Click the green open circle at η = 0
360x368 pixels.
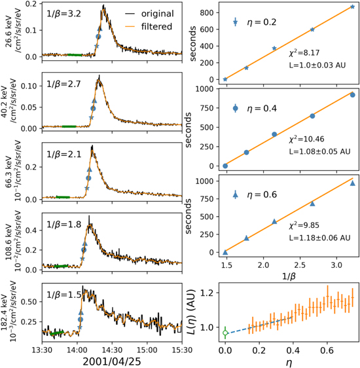click(x=225, y=333)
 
